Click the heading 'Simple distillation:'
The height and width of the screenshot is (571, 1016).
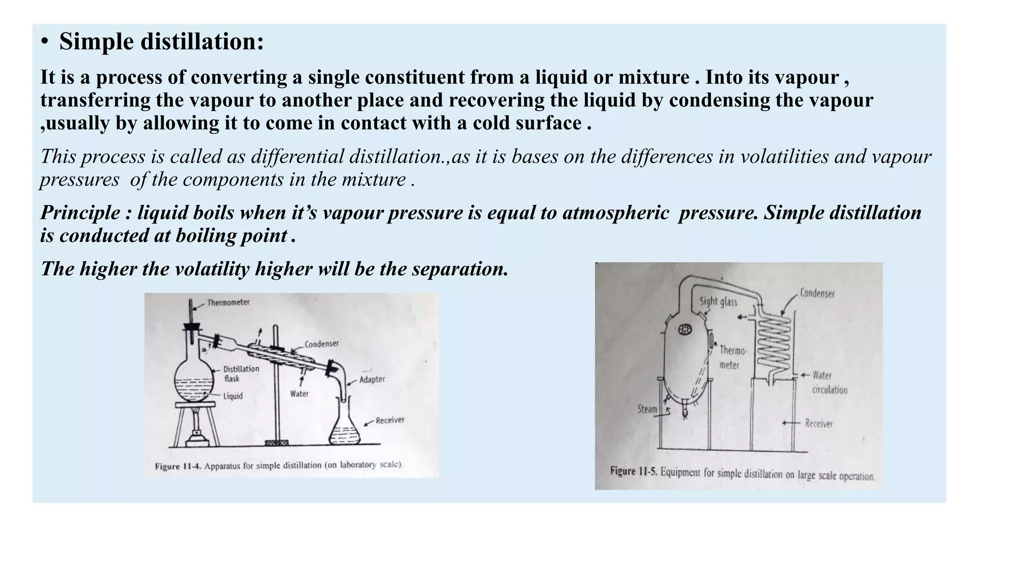point(161,41)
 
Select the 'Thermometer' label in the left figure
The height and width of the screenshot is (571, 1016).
point(228,302)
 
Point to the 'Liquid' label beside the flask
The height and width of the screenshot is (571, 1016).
point(233,396)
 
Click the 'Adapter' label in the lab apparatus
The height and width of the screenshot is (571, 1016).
point(372,379)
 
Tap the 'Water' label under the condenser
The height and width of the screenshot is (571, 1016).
point(299,394)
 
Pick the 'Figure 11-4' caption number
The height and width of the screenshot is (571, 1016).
point(178,466)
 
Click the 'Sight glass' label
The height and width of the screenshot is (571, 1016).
point(718,301)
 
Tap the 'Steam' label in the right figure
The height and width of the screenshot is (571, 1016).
point(647,409)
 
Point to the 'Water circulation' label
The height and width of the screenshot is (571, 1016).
point(829,383)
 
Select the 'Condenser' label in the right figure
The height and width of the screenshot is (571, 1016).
point(817,293)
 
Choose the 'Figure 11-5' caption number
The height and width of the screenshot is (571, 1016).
point(634,471)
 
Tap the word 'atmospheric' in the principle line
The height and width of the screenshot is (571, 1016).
point(616,213)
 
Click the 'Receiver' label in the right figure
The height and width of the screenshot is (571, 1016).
point(819,423)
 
